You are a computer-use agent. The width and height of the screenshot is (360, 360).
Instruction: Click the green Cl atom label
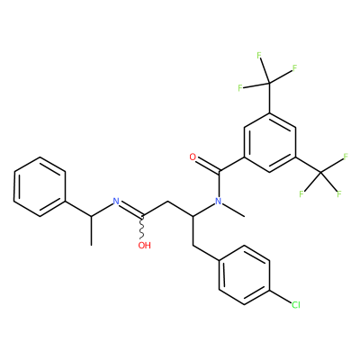(x=296, y=305)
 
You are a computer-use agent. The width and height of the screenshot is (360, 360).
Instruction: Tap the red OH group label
(x=144, y=246)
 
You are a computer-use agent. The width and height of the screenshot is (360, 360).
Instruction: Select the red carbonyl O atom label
(x=193, y=157)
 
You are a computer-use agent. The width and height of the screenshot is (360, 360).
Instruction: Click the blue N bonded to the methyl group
(x=218, y=202)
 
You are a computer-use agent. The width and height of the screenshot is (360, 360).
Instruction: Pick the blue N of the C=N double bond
(x=116, y=202)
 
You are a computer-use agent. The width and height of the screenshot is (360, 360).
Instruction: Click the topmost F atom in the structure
(x=259, y=55)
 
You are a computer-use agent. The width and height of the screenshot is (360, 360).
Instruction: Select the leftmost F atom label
(x=240, y=88)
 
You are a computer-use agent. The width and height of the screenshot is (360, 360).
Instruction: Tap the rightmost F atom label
(x=346, y=157)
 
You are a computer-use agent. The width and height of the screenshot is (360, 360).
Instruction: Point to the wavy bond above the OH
(x=142, y=228)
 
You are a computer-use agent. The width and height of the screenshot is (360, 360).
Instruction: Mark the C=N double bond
(x=131, y=209)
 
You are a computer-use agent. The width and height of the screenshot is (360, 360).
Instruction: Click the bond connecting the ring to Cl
(x=281, y=296)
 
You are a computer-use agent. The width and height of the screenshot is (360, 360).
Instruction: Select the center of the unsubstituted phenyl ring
(x=40, y=186)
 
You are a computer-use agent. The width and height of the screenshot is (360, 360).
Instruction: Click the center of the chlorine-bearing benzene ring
(x=244, y=275)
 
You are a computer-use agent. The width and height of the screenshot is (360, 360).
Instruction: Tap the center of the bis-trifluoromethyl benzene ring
(x=270, y=142)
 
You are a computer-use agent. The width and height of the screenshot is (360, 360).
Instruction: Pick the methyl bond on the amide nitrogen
(x=234, y=210)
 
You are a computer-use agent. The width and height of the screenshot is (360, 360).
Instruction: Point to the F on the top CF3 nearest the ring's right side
(x=294, y=68)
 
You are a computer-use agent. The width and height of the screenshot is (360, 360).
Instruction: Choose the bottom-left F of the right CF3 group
(x=301, y=194)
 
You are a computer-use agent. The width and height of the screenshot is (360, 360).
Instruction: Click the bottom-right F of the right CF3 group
(x=339, y=193)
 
